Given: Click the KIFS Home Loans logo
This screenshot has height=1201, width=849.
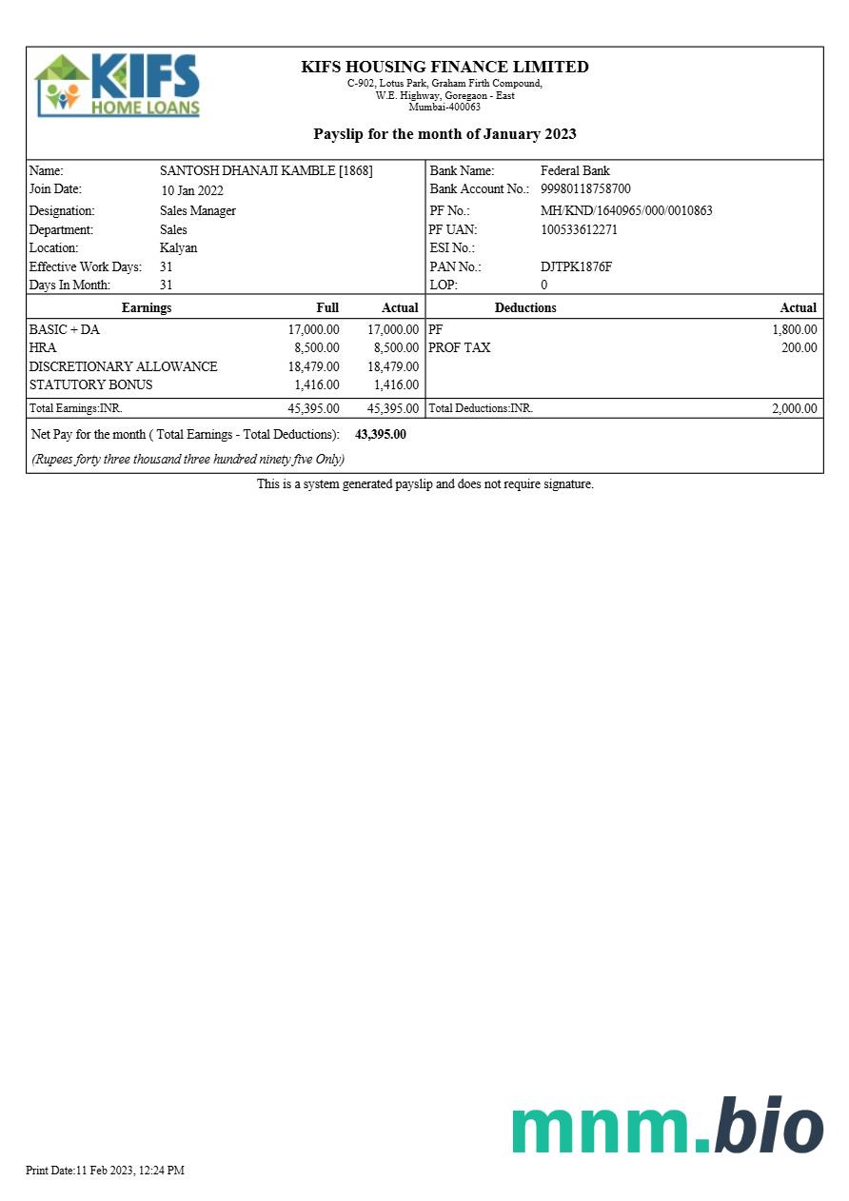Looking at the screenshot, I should point(117,86).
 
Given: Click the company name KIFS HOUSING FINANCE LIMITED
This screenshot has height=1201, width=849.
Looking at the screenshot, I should point(444,67).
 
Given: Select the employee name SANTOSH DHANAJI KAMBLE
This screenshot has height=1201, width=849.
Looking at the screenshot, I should point(266,171).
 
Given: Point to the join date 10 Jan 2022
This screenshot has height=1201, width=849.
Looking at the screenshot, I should point(191,190).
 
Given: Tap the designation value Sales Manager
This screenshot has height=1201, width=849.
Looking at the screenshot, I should point(197,210).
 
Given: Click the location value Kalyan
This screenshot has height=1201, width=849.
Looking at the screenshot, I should point(178,247).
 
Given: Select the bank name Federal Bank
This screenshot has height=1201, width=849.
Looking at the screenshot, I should point(575,171).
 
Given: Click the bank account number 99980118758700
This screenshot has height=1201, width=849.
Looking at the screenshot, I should point(585,189).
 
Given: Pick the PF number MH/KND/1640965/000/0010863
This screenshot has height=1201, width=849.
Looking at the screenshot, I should point(626,210).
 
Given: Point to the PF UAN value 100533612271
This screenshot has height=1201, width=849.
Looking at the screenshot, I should point(579,229).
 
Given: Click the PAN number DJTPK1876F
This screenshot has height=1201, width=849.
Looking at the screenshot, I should point(576,266).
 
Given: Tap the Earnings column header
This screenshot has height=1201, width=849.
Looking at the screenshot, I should point(147,307).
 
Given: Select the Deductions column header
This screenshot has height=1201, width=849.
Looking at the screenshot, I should point(525,307).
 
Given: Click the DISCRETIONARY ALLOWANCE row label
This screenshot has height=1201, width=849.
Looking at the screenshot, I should point(123,366).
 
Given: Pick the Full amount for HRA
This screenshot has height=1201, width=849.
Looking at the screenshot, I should point(316,348).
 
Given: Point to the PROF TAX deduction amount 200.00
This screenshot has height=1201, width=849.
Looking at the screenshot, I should point(799,348).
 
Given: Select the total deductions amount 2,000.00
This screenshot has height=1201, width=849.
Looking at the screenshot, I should point(794,408).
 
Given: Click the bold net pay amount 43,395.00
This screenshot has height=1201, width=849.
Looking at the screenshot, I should point(380,434).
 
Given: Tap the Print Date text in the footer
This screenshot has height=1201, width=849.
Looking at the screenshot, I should point(105,1170).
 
